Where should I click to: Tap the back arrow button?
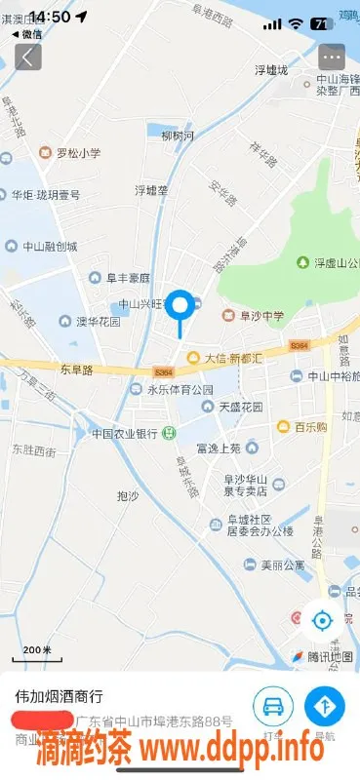pyautogui.click(x=26, y=57)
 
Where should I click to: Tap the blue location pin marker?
pyautogui.click(x=180, y=307)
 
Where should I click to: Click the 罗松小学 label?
pyautogui.click(x=77, y=153)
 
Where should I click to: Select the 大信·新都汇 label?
pyautogui.click(x=232, y=358)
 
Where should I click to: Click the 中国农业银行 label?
pyautogui.click(x=124, y=433)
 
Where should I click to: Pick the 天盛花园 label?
pyautogui.click(x=240, y=406)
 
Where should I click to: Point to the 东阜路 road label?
pyautogui.click(x=75, y=370)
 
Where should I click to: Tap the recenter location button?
pyautogui.click(x=322, y=619)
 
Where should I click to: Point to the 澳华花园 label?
pyautogui.click(x=99, y=321)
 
